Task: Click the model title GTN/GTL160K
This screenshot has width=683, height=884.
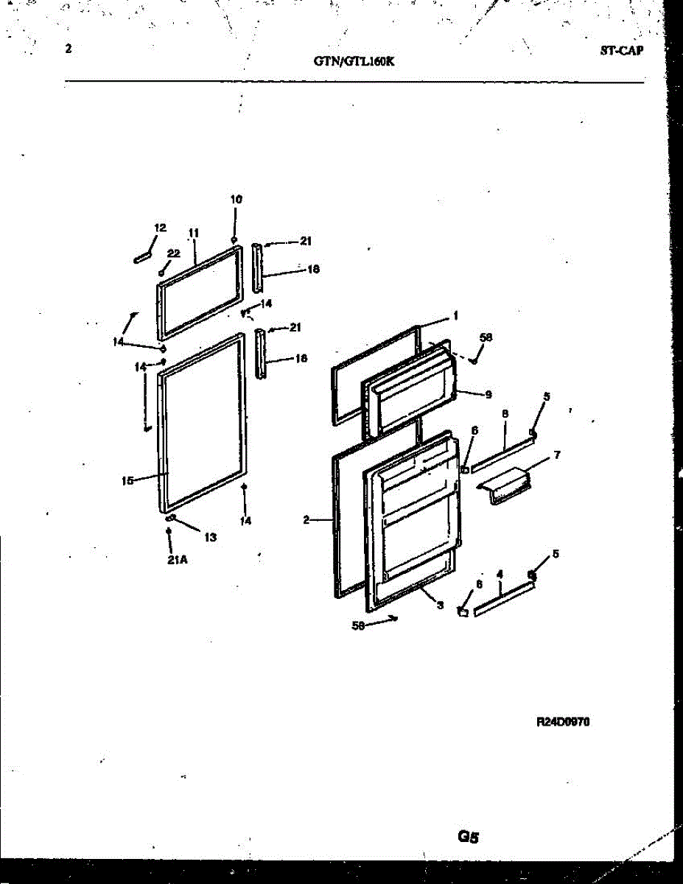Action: pos(354,63)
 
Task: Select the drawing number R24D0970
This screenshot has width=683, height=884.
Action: pos(563,723)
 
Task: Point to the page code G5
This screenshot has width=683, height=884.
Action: pos(469,836)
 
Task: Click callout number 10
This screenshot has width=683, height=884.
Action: pos(236,199)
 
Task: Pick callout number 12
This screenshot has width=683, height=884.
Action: pos(160,228)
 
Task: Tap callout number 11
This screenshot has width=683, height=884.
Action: pos(194,233)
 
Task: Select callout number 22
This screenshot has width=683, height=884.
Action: pos(173,253)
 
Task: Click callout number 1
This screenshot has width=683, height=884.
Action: pos(455,316)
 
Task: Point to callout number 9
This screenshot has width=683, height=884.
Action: pos(488,394)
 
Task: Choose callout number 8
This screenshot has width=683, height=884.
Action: pos(505,415)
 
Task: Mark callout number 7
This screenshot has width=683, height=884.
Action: pos(556,455)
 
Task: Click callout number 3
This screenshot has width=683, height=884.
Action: pos(440,606)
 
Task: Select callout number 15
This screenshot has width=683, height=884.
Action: pos(127,481)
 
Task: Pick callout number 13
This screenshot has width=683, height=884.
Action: pos(210,537)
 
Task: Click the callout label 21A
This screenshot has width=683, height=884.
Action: pos(178,560)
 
